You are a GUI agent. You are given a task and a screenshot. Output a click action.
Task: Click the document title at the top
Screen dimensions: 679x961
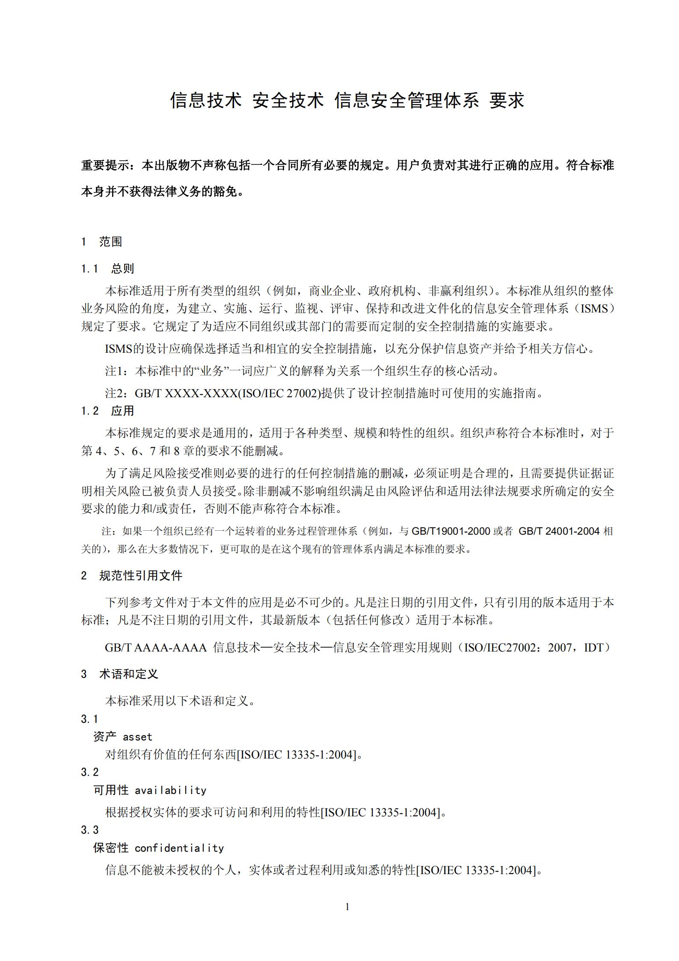pos(347,101)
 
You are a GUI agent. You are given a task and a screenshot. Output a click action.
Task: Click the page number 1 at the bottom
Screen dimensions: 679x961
pos(347,906)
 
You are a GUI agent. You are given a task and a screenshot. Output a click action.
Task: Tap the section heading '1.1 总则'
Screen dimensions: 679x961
pos(107,269)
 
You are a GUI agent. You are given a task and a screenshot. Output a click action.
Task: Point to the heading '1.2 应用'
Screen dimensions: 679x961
pos(107,411)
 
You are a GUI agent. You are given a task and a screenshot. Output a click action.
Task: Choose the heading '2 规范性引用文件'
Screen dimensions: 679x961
pos(131,576)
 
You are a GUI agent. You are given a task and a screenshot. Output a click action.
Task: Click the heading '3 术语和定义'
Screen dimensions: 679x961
pos(119,674)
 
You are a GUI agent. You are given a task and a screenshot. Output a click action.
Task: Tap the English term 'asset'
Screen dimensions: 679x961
pos(137,737)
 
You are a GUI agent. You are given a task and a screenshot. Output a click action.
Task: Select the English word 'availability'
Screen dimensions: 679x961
pos(170,790)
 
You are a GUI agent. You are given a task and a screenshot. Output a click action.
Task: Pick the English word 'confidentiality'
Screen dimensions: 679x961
pos(179,848)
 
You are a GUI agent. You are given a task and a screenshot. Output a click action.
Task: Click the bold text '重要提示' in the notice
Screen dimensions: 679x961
pos(105,165)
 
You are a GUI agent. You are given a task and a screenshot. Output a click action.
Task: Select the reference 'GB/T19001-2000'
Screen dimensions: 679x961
pos(451,531)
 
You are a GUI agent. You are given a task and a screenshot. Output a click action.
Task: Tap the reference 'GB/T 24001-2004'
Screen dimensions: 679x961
pos(559,531)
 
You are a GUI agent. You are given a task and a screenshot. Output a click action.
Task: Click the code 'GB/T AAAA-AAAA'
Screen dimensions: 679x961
pos(156,648)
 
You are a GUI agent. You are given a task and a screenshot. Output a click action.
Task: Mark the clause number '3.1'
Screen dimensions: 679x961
pos(89,719)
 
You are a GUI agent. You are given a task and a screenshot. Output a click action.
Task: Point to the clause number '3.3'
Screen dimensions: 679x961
pos(89,830)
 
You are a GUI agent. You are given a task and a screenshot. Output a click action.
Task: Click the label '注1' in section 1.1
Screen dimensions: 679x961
pos(116,371)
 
